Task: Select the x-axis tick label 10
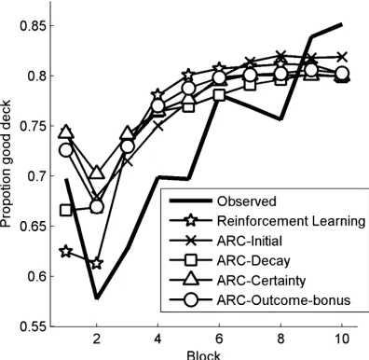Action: pyautogui.click(x=342, y=339)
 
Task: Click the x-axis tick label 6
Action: pyautogui.click(x=219, y=339)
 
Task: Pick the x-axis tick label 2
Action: pyautogui.click(x=97, y=339)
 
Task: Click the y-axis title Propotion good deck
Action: pyautogui.click(x=6, y=163)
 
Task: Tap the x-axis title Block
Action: pyautogui.click(x=203, y=355)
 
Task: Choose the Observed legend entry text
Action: pyautogui.click(x=246, y=201)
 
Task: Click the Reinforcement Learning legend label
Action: pyautogui.click(x=291, y=221)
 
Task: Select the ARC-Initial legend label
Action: pyautogui.click(x=250, y=241)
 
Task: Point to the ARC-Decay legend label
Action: pyautogui.click(x=253, y=261)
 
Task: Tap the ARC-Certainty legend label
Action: pyautogui.click(x=261, y=281)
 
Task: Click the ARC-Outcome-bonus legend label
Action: pyautogui.click(x=283, y=300)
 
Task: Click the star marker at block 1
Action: pyautogui.click(x=66, y=251)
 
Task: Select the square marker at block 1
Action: pyautogui.click(x=66, y=211)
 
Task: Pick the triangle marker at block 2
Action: pyautogui.click(x=97, y=173)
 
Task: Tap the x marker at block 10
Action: pyautogui.click(x=342, y=57)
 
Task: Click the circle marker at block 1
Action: pyautogui.click(x=66, y=150)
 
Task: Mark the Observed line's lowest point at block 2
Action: pyautogui.click(x=97, y=298)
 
